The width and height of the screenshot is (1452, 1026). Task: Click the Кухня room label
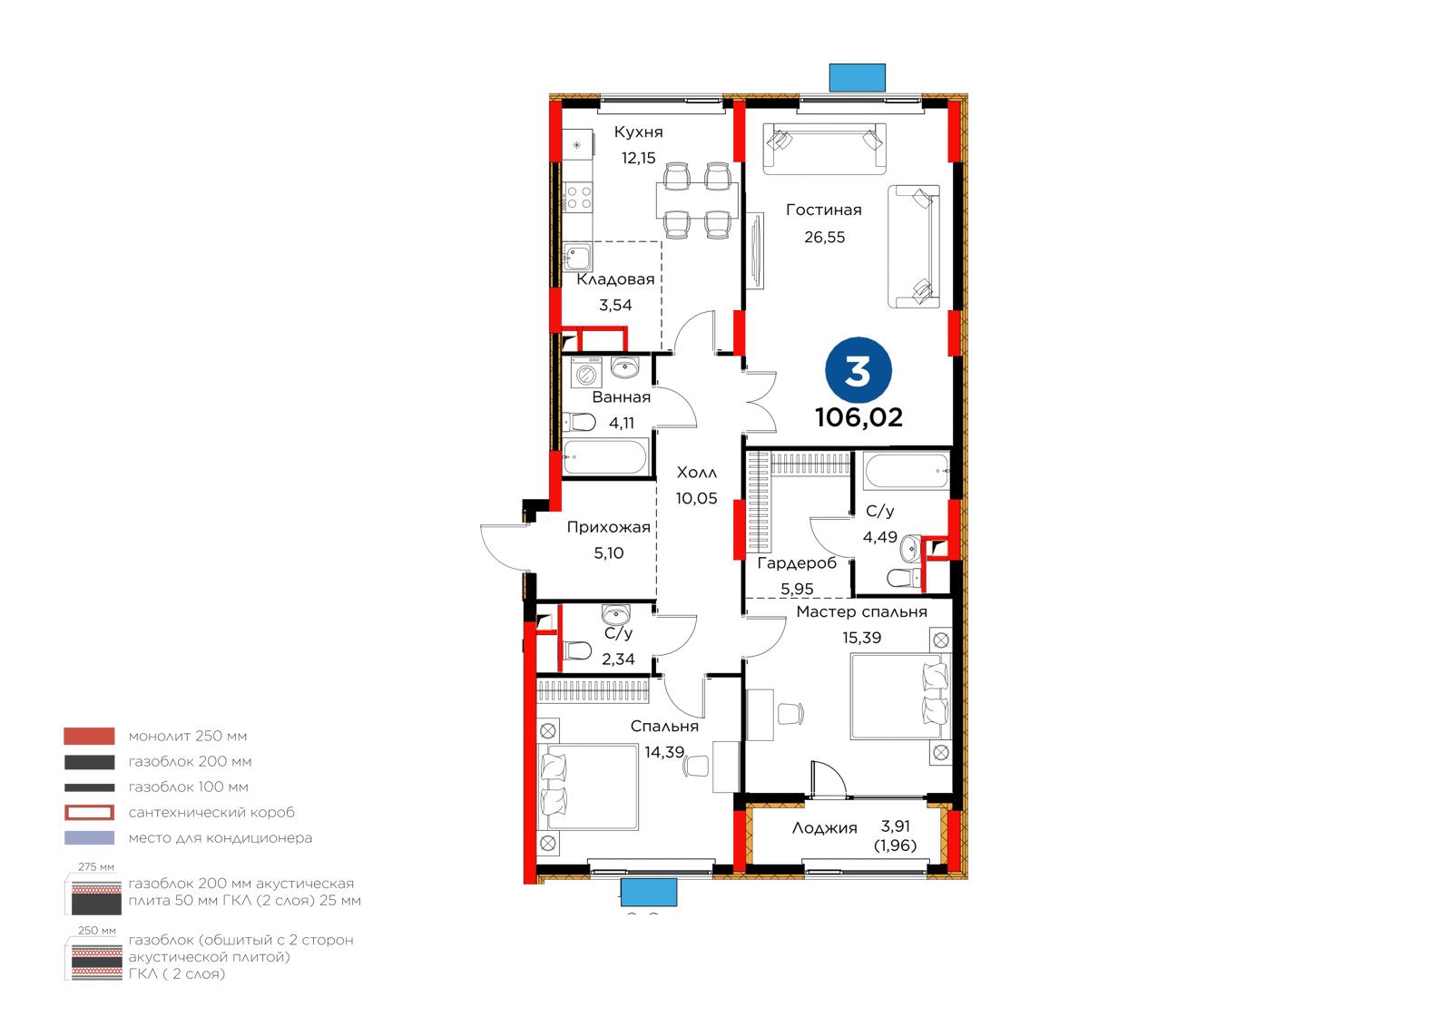[x=639, y=132]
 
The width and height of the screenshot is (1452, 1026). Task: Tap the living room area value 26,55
[x=825, y=237]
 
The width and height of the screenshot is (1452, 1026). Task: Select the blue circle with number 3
[x=858, y=371]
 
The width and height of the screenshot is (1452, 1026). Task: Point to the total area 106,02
[x=858, y=417]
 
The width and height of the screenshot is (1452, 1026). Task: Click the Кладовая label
[x=616, y=279]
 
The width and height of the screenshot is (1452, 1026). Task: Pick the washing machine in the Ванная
[x=586, y=374]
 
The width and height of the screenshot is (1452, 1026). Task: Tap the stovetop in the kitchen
[x=577, y=197]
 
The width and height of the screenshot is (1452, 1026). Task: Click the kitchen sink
[x=577, y=257]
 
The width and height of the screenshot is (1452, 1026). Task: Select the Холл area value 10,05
[x=697, y=498]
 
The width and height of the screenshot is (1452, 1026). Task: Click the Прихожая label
[x=609, y=527]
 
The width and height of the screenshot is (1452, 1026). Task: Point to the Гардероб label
[x=798, y=563]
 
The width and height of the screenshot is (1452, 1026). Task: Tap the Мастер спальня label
[x=861, y=611]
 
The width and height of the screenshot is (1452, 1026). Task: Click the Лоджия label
[x=825, y=827]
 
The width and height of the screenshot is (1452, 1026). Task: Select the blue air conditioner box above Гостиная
[x=858, y=78]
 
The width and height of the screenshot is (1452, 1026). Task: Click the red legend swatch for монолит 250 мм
[x=90, y=736]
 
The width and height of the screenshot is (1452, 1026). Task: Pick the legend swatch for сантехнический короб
[x=90, y=812]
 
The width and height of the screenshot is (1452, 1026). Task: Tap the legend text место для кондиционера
[x=221, y=838]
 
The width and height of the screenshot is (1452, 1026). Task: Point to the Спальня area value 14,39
[x=664, y=752]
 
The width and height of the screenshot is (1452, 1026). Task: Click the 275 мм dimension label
[x=96, y=866]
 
